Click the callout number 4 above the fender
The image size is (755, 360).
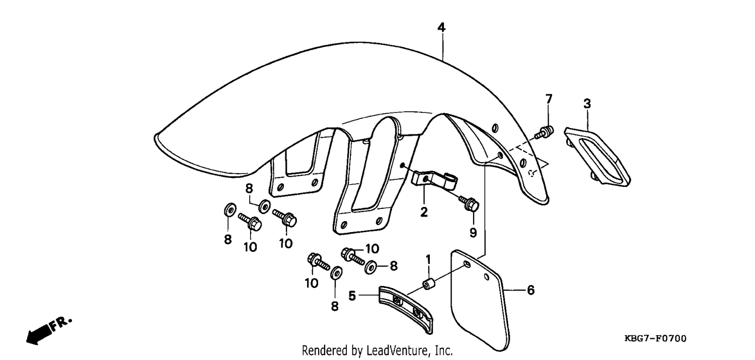coord(441,27)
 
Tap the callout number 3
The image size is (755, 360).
coord(587,104)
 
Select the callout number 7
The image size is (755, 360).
coord(549,99)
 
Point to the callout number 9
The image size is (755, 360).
coord(473,233)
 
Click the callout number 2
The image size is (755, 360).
coord(424,212)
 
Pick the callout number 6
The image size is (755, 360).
coord(531,290)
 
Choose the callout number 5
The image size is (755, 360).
coord(352,296)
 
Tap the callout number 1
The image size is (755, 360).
coord(428,259)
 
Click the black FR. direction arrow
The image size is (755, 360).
coord(40,334)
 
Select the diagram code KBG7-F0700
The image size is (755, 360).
coord(655,338)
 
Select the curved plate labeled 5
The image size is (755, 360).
coord(406,309)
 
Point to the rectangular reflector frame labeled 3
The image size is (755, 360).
coord(597,156)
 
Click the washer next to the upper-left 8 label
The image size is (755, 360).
coord(264,205)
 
